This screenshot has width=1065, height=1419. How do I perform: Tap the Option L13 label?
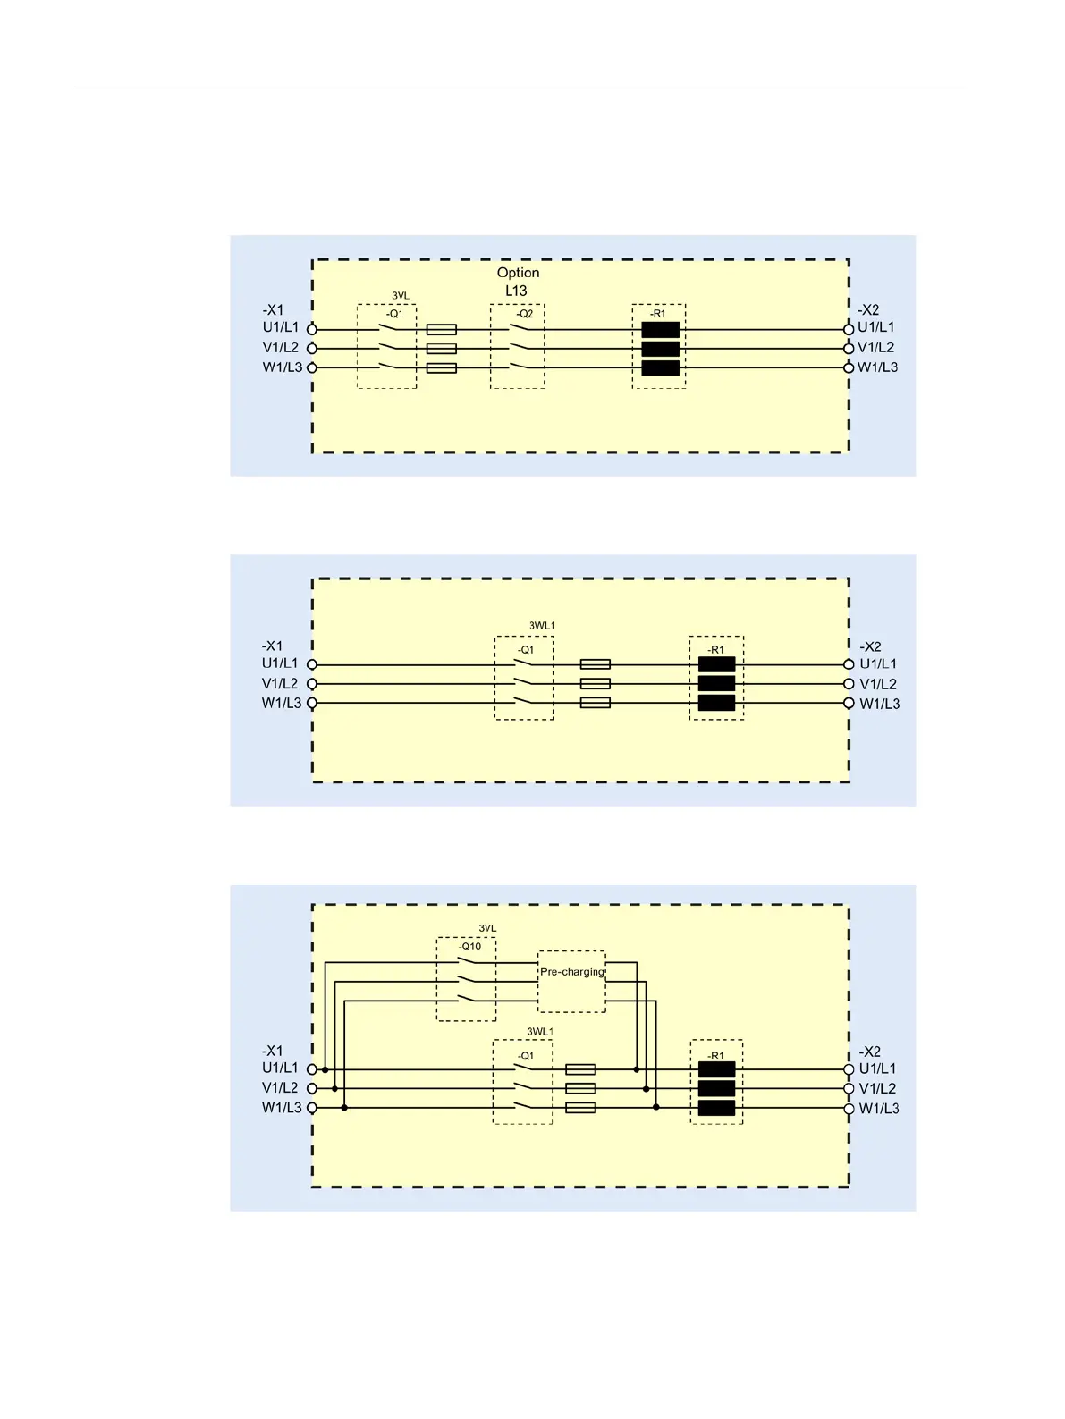[518, 281]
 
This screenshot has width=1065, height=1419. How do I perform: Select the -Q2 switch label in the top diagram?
[525, 314]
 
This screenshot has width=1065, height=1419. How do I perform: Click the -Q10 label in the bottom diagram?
[470, 946]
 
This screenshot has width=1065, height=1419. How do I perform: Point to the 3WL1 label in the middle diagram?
[542, 626]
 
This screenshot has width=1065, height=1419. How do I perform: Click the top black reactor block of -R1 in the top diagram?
[660, 329]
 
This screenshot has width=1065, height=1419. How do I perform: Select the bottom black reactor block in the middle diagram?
[716, 703]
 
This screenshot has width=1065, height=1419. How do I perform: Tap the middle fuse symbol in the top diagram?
[442, 349]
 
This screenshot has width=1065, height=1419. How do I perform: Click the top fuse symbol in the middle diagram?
[596, 664]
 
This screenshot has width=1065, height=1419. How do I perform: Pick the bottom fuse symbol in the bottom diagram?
[581, 1108]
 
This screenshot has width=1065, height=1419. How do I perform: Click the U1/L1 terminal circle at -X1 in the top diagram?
[312, 329]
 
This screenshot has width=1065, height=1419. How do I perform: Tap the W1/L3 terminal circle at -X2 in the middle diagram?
[849, 703]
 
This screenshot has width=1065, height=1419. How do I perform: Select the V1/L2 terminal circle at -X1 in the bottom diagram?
[312, 1088]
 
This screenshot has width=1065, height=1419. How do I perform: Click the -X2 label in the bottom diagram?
[870, 1052]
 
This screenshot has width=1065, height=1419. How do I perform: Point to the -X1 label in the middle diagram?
[273, 646]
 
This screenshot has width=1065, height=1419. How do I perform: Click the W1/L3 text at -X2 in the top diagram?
[878, 367]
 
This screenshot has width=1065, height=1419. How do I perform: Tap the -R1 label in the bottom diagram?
[716, 1056]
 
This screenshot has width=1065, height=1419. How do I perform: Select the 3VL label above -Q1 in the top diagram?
[401, 296]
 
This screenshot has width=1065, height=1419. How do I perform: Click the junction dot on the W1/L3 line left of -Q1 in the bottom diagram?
[344, 1108]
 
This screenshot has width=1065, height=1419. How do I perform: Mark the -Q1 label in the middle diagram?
[526, 650]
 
